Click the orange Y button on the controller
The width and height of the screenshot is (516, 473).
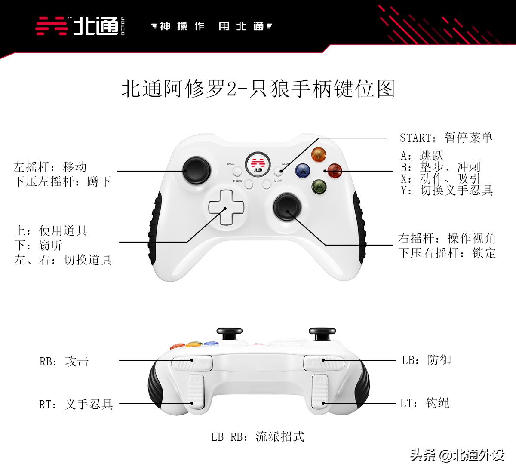click(319, 154)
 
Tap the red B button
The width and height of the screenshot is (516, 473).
click(335, 171)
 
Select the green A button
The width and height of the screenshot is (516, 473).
click(319, 187)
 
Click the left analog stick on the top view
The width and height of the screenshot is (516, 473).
click(197, 171)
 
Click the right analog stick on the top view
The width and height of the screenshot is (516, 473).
click(287, 207)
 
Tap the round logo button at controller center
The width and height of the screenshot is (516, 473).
click(258, 164)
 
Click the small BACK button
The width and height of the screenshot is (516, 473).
click(237, 172)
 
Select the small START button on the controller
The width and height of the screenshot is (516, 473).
click(278, 172)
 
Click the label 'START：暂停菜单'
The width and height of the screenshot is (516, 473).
click(446, 138)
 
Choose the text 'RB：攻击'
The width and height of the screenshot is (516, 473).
click(64, 361)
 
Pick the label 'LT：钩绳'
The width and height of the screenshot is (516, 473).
click(425, 403)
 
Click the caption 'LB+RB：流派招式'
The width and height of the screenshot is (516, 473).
click(258, 437)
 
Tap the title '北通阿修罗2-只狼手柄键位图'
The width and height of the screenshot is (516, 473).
click(258, 89)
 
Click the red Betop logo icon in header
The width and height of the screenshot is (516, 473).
click(52, 26)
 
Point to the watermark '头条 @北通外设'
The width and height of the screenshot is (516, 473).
click(457, 455)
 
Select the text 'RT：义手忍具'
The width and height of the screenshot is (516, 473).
click(76, 404)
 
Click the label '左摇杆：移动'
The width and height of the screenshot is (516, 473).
click(50, 167)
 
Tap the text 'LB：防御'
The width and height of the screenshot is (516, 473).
click(427, 360)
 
